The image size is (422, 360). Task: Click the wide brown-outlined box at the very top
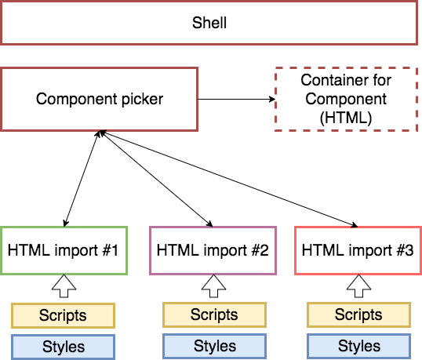(x=209, y=23)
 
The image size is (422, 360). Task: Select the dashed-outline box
(x=346, y=99)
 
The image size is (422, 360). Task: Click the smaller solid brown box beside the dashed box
(x=99, y=99)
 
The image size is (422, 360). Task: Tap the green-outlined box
(x=64, y=250)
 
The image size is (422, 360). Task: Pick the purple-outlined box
(x=213, y=250)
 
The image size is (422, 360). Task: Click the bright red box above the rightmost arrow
(x=358, y=250)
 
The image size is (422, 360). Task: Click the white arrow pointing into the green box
(x=64, y=285)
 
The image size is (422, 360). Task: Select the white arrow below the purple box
(x=213, y=285)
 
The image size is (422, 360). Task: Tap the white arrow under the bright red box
(x=358, y=285)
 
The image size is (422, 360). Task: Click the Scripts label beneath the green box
(x=63, y=315)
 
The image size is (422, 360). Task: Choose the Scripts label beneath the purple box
(x=214, y=315)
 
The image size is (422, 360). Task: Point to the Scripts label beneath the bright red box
(x=358, y=315)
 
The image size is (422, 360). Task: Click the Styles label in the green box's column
(x=63, y=346)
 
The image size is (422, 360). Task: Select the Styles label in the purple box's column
(x=214, y=345)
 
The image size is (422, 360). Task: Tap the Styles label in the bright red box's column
(x=358, y=345)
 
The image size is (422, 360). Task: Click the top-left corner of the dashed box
(x=275, y=68)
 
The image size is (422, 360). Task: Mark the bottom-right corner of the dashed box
(x=417, y=130)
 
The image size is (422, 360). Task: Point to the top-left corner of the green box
(x=2, y=227)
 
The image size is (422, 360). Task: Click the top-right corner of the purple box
(x=276, y=227)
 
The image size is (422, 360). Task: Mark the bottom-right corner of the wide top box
(x=417, y=44)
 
